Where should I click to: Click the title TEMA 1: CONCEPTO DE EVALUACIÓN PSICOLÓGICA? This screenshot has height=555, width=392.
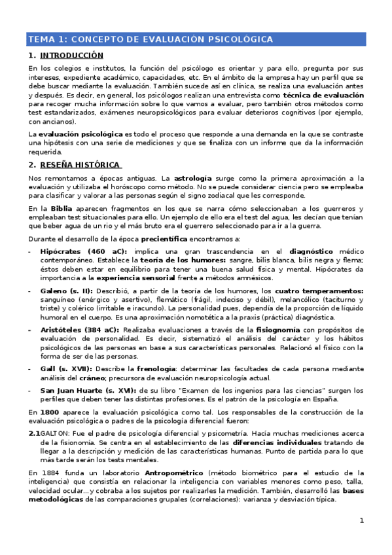coord(150,40)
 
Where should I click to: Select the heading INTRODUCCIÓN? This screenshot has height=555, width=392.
coord(72,56)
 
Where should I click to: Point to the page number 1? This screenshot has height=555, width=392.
coord(361,520)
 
